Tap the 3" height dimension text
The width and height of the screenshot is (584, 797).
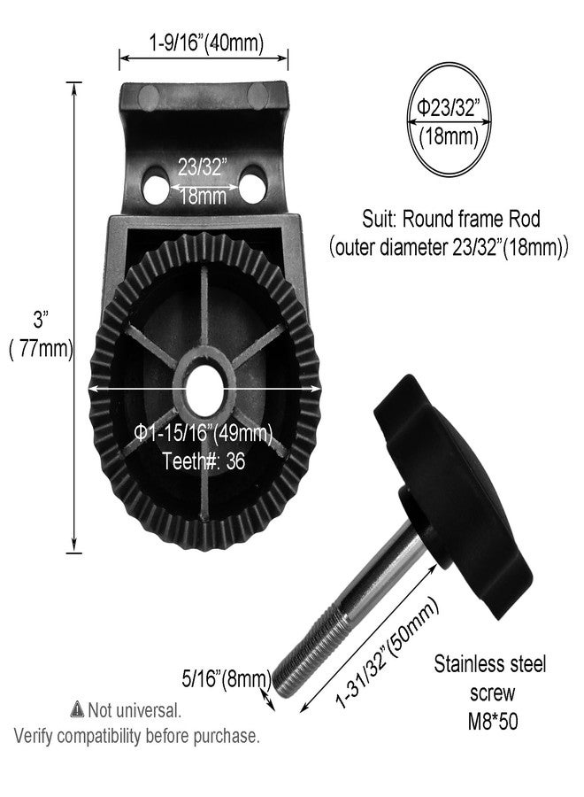41,321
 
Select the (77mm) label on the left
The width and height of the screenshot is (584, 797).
41,350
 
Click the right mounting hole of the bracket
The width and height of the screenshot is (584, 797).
252,186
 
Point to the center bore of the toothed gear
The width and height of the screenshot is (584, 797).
204,390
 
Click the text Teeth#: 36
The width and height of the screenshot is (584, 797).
204,461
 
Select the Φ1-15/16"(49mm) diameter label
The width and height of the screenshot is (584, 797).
204,434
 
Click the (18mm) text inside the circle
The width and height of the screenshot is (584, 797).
449,137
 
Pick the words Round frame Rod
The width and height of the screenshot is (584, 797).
472,219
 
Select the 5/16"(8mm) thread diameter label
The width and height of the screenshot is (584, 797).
226,678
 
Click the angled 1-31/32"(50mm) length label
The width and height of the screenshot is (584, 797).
387,654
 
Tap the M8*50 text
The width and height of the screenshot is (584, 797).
493,722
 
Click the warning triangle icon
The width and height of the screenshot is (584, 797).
77,708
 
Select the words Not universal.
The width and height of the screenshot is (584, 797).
134,710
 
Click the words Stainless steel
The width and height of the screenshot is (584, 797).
490,664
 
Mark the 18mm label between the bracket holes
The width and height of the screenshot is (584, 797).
204,197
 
